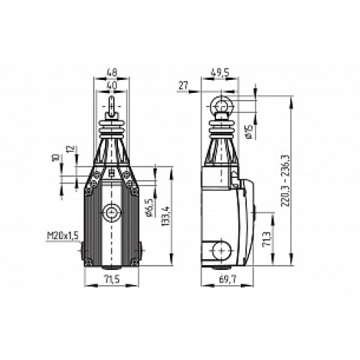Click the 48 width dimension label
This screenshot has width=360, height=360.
[112, 73]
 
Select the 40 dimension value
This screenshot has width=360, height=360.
[112, 85]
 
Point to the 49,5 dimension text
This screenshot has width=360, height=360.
[220, 73]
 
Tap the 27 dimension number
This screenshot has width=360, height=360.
[182, 85]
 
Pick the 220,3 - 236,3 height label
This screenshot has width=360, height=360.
[290, 178]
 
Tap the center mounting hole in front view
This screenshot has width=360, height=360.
[112, 213]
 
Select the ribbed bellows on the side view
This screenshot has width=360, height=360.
[220, 134]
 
